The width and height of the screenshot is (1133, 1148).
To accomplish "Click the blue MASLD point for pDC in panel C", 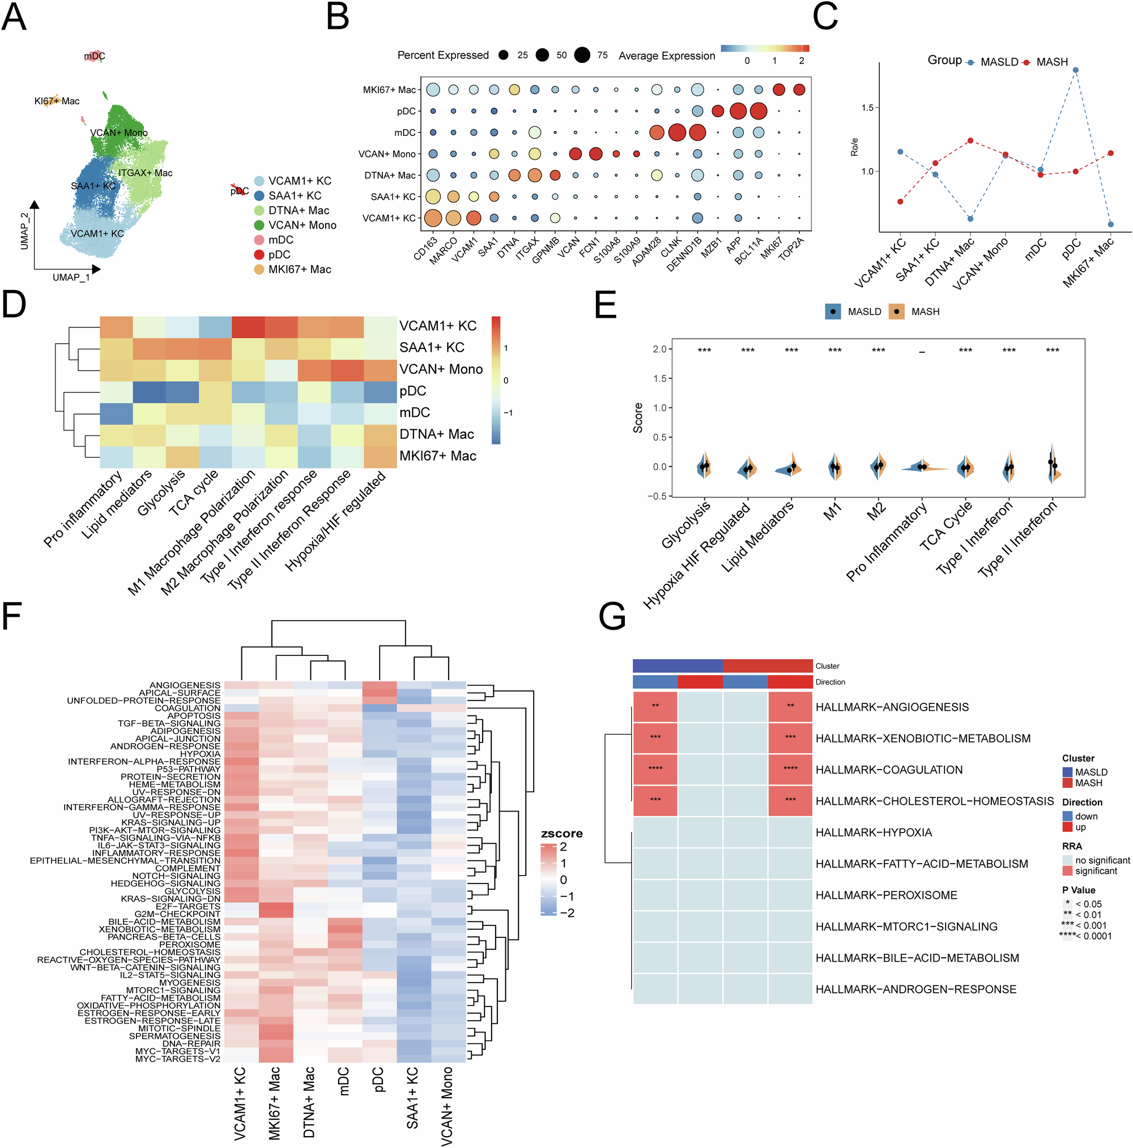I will pyautogui.click(x=1075, y=70).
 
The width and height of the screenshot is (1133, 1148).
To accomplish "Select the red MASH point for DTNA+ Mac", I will pyautogui.click(x=970, y=141).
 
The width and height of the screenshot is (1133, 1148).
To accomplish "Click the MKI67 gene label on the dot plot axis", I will pyautogui.click(x=772, y=247).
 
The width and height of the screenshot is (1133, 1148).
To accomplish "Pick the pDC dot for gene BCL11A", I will pyautogui.click(x=758, y=111).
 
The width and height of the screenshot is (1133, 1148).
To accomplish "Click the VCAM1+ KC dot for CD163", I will pyautogui.click(x=433, y=218).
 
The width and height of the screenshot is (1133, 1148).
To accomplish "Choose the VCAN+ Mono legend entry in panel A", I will pyautogui.click(x=302, y=225).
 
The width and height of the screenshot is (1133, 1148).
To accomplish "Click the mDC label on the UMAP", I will pyautogui.click(x=95, y=57).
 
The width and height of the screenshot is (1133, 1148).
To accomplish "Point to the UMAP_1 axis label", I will pyautogui.click(x=71, y=278).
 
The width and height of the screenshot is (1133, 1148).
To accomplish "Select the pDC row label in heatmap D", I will pyautogui.click(x=412, y=391).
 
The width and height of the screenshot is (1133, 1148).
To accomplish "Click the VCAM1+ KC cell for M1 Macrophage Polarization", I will pyautogui.click(x=248, y=327).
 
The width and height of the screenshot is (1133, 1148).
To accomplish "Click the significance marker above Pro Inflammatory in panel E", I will pyautogui.click(x=921, y=352).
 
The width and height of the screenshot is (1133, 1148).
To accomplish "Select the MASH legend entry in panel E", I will pyautogui.click(x=925, y=311).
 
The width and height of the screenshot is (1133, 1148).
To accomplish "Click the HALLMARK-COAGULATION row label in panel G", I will pyautogui.click(x=889, y=770).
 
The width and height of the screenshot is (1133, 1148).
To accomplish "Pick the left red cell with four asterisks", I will pyautogui.click(x=655, y=769).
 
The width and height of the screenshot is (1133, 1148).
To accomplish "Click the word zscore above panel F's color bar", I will pyautogui.click(x=561, y=834).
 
